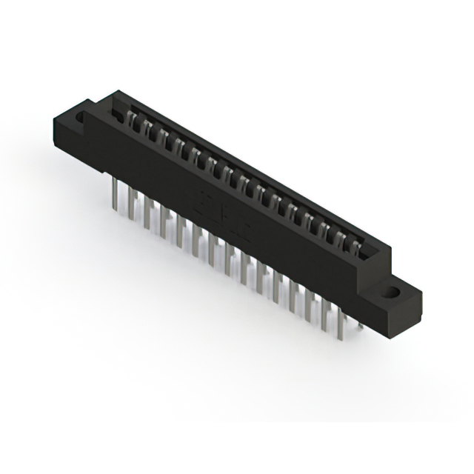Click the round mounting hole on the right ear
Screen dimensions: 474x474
[390, 291]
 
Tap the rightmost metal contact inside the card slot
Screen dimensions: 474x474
[353, 244]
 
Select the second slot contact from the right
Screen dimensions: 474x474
[339, 236]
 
